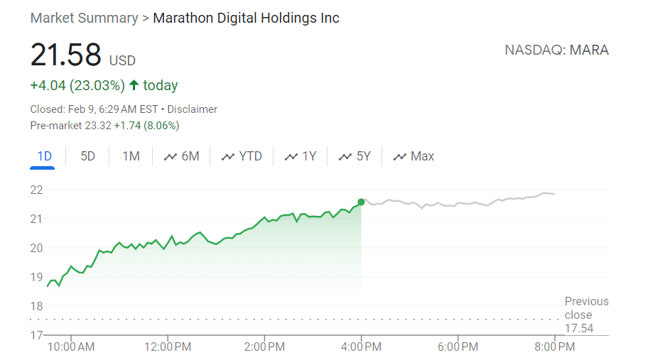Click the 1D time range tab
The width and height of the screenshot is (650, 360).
(44, 156)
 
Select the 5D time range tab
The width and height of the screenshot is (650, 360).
(87, 156)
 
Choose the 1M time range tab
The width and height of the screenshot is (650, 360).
(131, 156)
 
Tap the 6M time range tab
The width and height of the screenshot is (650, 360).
(182, 156)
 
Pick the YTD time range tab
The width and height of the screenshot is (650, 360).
(242, 156)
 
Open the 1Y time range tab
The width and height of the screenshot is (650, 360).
(300, 156)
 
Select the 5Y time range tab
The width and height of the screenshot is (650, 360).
(354, 156)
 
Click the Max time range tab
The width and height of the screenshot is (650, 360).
(413, 156)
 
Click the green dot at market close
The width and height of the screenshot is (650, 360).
(361, 202)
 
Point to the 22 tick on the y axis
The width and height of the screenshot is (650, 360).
(36, 190)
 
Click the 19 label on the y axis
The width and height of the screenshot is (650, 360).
(36, 277)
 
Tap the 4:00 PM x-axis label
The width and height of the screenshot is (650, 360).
(361, 347)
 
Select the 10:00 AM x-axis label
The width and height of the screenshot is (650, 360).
(71, 347)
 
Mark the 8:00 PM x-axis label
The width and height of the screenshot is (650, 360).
(555, 347)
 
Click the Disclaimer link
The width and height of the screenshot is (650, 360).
(192, 109)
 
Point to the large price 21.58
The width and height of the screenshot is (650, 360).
(66, 55)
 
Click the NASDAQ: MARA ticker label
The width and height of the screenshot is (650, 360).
(557, 50)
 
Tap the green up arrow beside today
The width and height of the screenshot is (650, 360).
(134, 85)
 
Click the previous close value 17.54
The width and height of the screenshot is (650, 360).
(579, 329)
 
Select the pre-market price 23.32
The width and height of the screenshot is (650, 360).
(98, 126)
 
